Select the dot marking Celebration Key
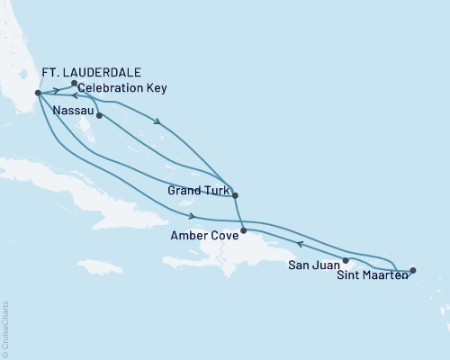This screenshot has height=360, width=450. coord(74,83)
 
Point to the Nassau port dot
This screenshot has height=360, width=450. coord(99,115)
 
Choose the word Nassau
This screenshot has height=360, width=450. coord(73,109)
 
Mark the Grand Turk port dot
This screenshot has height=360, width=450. coord(235,195)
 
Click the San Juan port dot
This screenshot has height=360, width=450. coord(346,260)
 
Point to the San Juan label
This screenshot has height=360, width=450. coord(315,265)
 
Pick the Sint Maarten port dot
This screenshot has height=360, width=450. coord(412,270)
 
